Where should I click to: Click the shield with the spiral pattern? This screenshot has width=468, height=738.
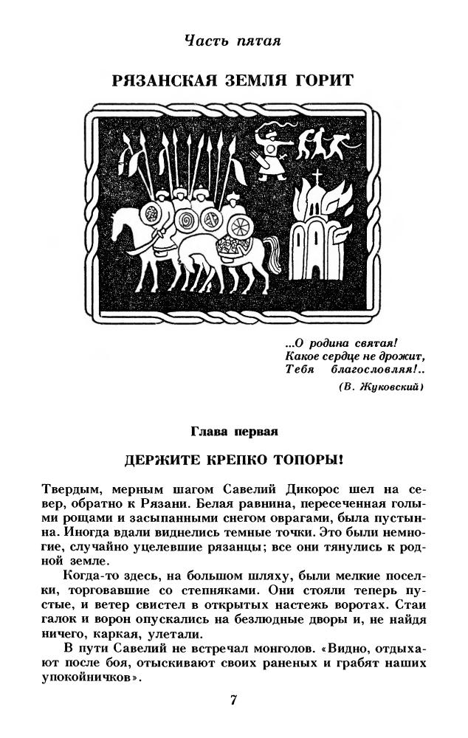pyautogui.click(x=185, y=218)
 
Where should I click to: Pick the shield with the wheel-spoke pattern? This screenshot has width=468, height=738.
pyautogui.click(x=214, y=219)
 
